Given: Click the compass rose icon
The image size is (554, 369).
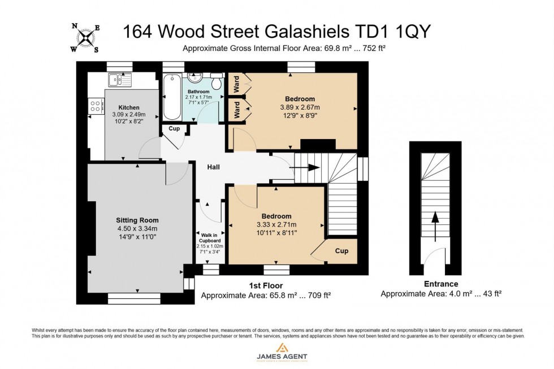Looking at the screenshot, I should [85, 37].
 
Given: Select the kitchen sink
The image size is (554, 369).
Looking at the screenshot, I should [119, 79].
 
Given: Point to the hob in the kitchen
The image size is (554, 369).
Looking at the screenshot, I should [96, 105].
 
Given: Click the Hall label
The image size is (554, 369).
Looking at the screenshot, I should [213, 167].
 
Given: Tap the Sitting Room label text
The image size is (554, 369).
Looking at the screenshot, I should [137, 220].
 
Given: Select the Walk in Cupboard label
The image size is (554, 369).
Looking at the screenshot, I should [210, 237].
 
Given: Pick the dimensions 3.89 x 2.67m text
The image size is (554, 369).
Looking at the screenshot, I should [300, 107].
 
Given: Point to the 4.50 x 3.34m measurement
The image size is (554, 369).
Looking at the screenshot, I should [137, 229].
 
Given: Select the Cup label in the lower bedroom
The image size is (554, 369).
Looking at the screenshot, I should [341, 251].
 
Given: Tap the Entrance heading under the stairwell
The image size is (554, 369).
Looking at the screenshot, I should [441, 284].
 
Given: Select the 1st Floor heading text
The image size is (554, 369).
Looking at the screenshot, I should [266, 285].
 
